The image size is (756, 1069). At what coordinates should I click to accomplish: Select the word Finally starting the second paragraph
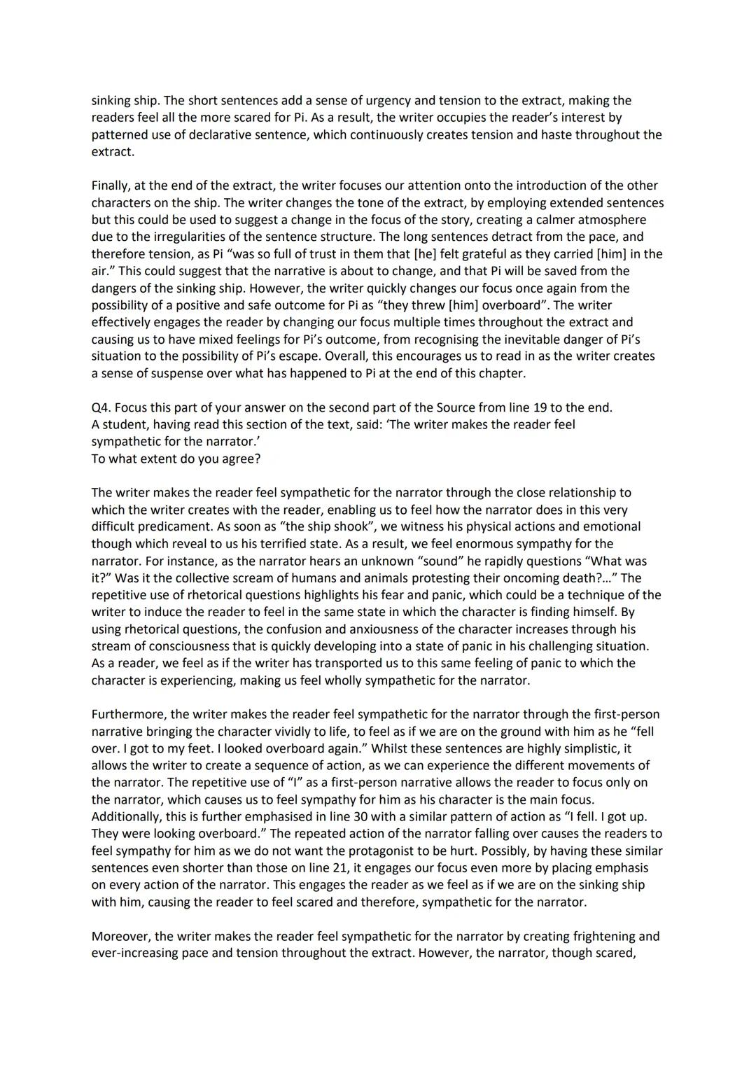(x=112, y=186)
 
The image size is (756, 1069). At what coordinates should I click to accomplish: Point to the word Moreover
(x=120, y=936)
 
